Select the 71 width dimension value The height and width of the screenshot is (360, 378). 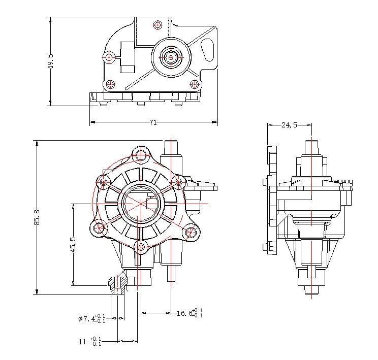(152, 122)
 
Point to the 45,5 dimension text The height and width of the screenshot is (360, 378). (73, 244)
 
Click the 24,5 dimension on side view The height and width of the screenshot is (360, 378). (289, 125)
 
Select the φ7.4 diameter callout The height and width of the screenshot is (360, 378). (91, 318)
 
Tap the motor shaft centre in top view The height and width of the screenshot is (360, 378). (171, 57)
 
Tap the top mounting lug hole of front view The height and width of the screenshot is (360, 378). (140, 154)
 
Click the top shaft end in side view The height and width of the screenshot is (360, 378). (311, 144)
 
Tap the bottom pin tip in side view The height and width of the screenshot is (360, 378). (311, 290)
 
